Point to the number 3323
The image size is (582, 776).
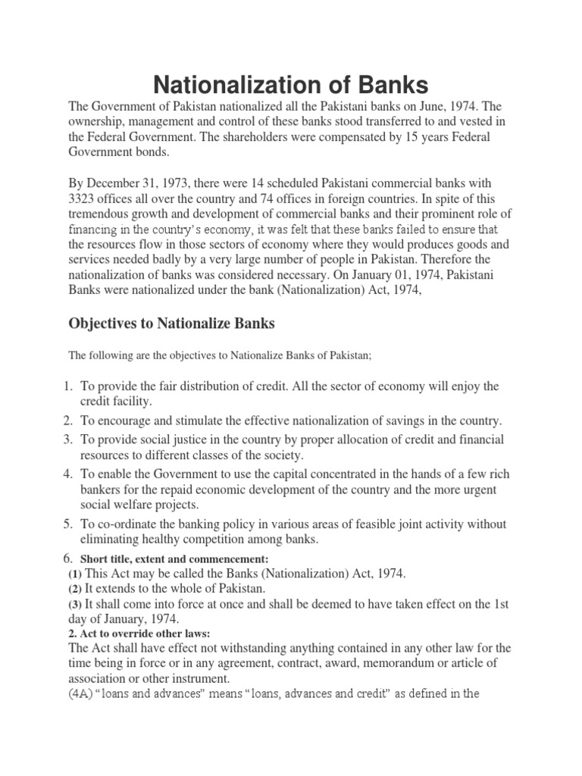(84, 199)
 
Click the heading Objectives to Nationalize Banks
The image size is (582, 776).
(171, 324)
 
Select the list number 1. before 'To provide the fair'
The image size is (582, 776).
(67, 386)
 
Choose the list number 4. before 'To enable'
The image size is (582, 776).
(67, 474)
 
